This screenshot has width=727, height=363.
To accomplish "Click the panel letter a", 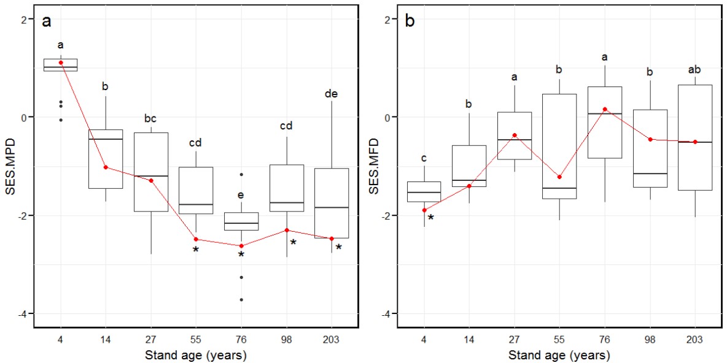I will coord(46,23).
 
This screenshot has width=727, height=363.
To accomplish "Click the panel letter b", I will coord(410,23).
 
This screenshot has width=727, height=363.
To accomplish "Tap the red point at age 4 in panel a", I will coord(61,63).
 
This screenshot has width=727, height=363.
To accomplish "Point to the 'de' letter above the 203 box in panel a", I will coord(332,94).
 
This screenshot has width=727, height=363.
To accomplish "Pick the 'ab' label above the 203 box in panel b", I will coord(695,69).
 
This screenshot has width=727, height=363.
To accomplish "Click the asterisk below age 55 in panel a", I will coord(196,250).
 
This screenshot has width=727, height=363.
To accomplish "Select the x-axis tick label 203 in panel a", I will coord(332,339).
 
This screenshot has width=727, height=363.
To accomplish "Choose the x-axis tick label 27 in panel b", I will coord(515,339).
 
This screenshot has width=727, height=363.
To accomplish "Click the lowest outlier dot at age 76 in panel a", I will coord(241,299).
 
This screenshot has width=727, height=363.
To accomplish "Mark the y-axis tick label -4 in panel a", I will coord(23,313).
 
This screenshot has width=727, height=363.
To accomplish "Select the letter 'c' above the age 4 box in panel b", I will coord(424,159).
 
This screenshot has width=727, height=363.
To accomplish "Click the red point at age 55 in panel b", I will coord(559,177).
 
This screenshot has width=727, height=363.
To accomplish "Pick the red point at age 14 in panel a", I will coord(106,167).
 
